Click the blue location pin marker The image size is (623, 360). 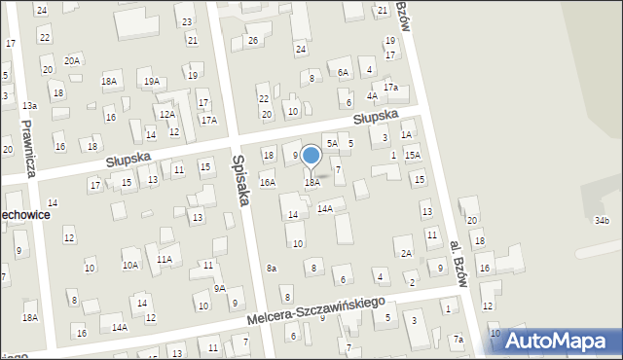311,157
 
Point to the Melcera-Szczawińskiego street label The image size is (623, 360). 316,311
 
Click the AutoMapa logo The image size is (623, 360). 558,342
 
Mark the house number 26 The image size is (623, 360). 252,40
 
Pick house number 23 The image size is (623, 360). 187,20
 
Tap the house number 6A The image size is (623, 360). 343,72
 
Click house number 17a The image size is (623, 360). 389,88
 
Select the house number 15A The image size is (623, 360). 413,155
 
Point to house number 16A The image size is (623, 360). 267,182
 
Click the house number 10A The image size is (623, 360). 129,265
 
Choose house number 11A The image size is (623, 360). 165,259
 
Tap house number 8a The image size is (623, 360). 273,268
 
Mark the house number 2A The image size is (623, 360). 406,253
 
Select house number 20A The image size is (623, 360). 72,59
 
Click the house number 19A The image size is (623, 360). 151,81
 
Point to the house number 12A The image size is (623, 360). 166,114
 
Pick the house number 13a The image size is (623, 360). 30,105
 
